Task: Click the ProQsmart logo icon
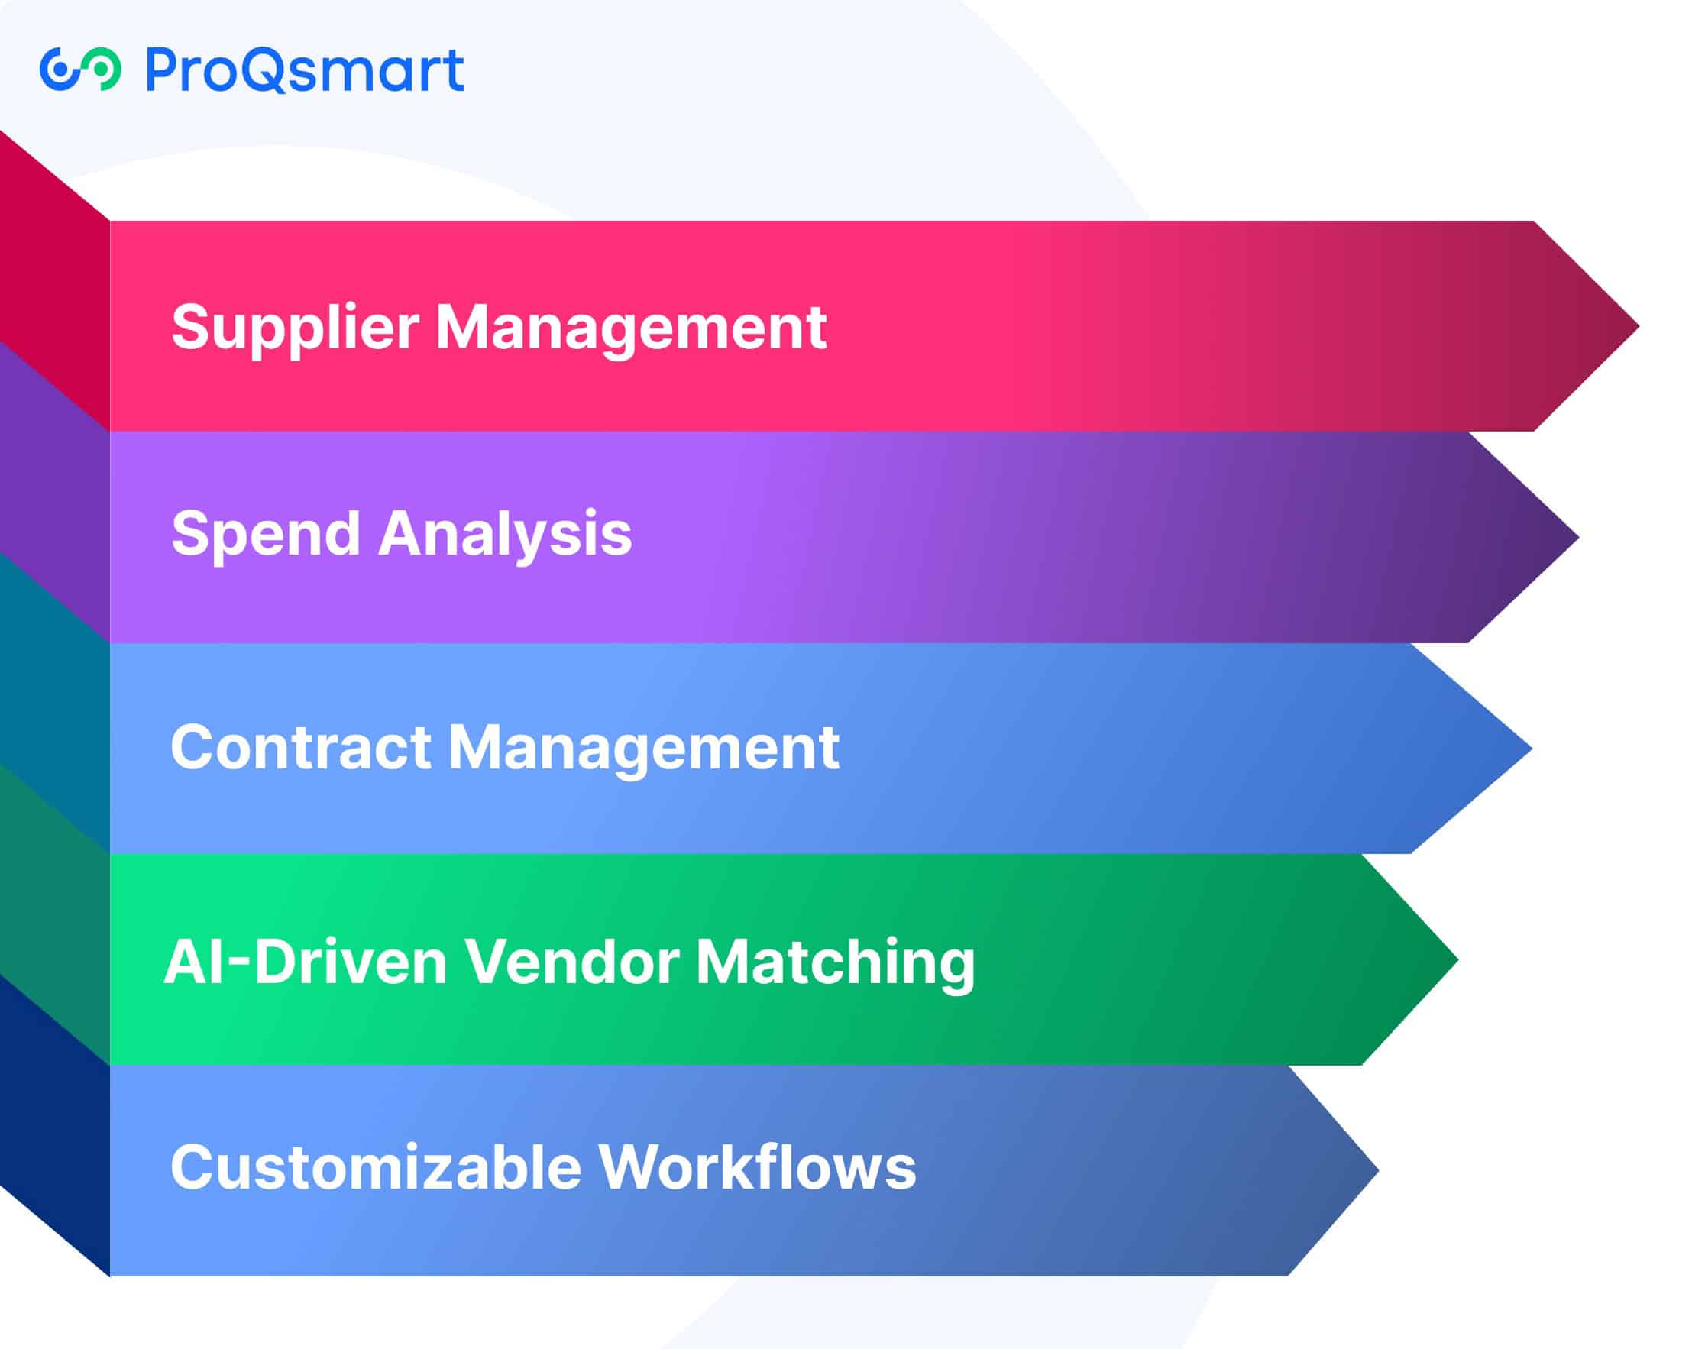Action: point(80,69)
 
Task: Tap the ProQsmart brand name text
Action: point(305,70)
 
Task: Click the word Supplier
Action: point(294,328)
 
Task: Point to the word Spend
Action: point(265,535)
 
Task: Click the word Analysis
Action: point(505,535)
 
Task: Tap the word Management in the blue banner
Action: point(642,747)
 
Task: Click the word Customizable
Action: point(376,1168)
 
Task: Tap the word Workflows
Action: point(757,1168)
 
